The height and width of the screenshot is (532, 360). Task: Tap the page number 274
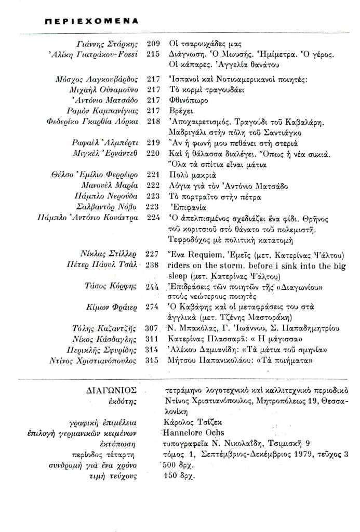click(x=152, y=307)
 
